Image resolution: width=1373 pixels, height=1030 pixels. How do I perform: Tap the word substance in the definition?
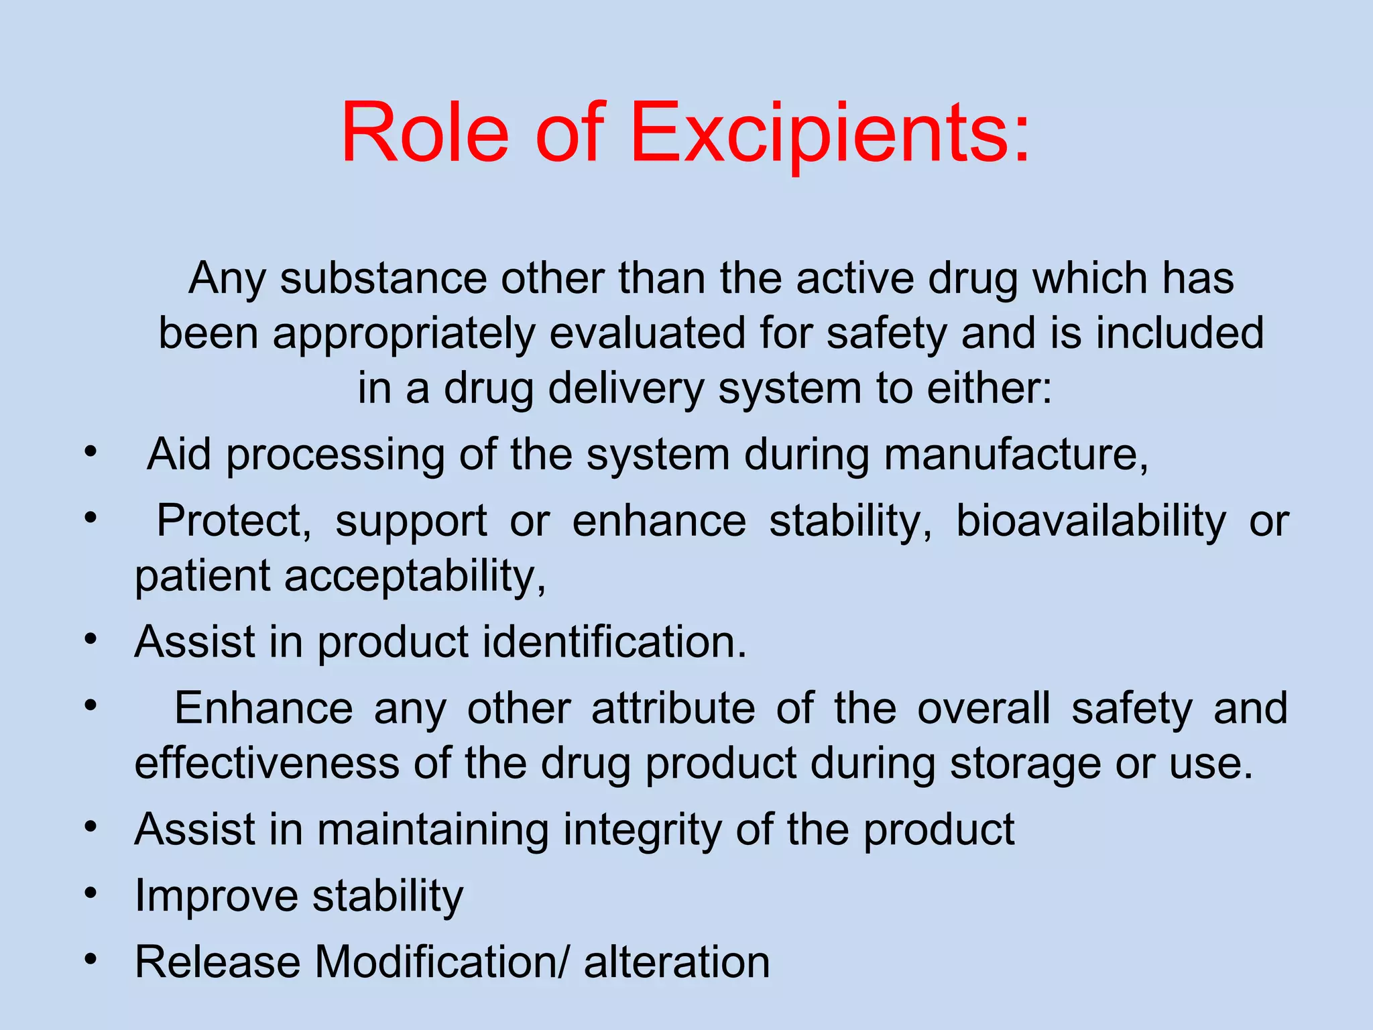[x=383, y=278]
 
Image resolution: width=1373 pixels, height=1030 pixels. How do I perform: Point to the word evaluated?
[x=647, y=333]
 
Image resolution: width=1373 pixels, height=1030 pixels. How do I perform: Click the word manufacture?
[x=1015, y=455]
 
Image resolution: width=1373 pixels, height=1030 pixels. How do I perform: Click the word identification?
[x=614, y=642]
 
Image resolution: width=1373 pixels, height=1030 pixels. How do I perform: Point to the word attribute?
[x=673, y=708]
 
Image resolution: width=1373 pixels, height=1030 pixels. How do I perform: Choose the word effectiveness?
[x=267, y=764]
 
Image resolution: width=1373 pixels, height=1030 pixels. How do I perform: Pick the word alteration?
[x=676, y=962]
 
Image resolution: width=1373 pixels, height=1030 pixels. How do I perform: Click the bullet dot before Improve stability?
[x=91, y=893]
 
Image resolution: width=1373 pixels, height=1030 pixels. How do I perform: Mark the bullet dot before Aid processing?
[x=91, y=451]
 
